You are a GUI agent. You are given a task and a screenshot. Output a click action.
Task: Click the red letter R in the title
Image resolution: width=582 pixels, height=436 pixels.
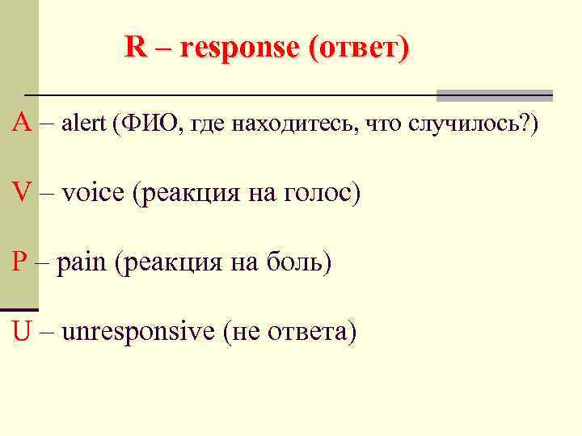pyautogui.click(x=135, y=48)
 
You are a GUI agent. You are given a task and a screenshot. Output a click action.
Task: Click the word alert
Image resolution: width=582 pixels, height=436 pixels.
pyautogui.click(x=84, y=124)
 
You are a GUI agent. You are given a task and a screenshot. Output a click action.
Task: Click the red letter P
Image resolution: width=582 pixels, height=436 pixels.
pyautogui.click(x=20, y=262)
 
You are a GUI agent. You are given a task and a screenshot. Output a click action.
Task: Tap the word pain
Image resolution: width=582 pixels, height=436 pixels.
pyautogui.click(x=85, y=263)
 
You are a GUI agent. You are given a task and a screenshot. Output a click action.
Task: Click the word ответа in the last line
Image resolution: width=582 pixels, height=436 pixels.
pyautogui.click(x=311, y=332)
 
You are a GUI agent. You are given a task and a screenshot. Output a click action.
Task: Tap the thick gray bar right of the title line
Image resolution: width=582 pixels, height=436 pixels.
pyautogui.click(x=494, y=95)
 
